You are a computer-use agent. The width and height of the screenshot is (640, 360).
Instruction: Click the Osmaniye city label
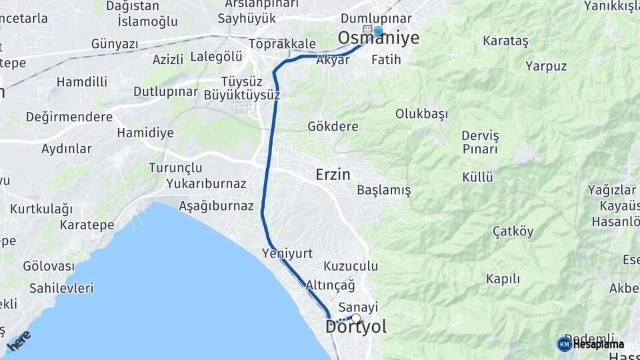click(379, 39)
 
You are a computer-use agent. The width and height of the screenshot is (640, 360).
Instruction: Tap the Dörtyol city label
click(355, 327)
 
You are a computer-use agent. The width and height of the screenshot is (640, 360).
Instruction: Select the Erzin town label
click(333, 175)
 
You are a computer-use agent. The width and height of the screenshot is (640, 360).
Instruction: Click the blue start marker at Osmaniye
click(379, 31)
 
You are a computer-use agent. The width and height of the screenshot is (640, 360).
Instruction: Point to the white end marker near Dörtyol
click(356, 318)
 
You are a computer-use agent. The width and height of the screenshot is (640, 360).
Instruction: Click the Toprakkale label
click(282, 44)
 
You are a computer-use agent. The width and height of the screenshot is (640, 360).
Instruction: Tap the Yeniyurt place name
click(288, 253)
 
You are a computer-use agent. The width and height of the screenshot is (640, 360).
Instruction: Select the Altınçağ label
click(330, 285)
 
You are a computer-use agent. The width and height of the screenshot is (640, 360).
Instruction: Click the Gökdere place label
click(333, 127)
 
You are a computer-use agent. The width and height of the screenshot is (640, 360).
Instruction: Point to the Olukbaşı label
click(421, 113)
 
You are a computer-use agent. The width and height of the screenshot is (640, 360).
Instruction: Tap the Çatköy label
click(513, 232)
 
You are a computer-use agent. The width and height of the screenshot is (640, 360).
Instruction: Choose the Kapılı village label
click(502, 279)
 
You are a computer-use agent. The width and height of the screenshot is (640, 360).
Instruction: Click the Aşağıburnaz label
click(216, 206)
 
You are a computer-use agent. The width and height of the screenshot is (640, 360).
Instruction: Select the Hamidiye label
click(145, 133)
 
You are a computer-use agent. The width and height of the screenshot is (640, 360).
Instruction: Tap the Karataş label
click(505, 41)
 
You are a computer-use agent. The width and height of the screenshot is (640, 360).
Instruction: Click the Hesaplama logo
click(591, 344)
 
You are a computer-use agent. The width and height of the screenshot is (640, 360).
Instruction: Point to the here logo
click(19, 341)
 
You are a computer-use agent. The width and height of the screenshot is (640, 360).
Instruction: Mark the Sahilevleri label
click(61, 289)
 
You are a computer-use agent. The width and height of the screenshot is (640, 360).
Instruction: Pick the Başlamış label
click(384, 191)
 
